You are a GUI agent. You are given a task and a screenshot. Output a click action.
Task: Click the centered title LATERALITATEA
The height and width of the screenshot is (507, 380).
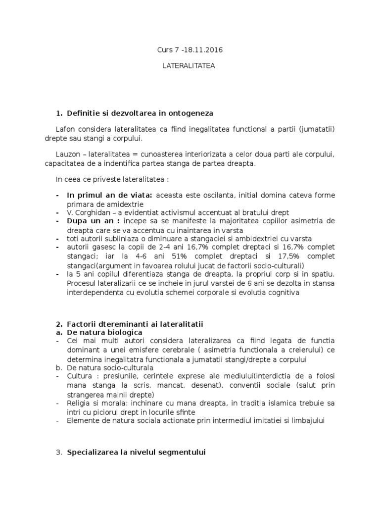tap(190, 65)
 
